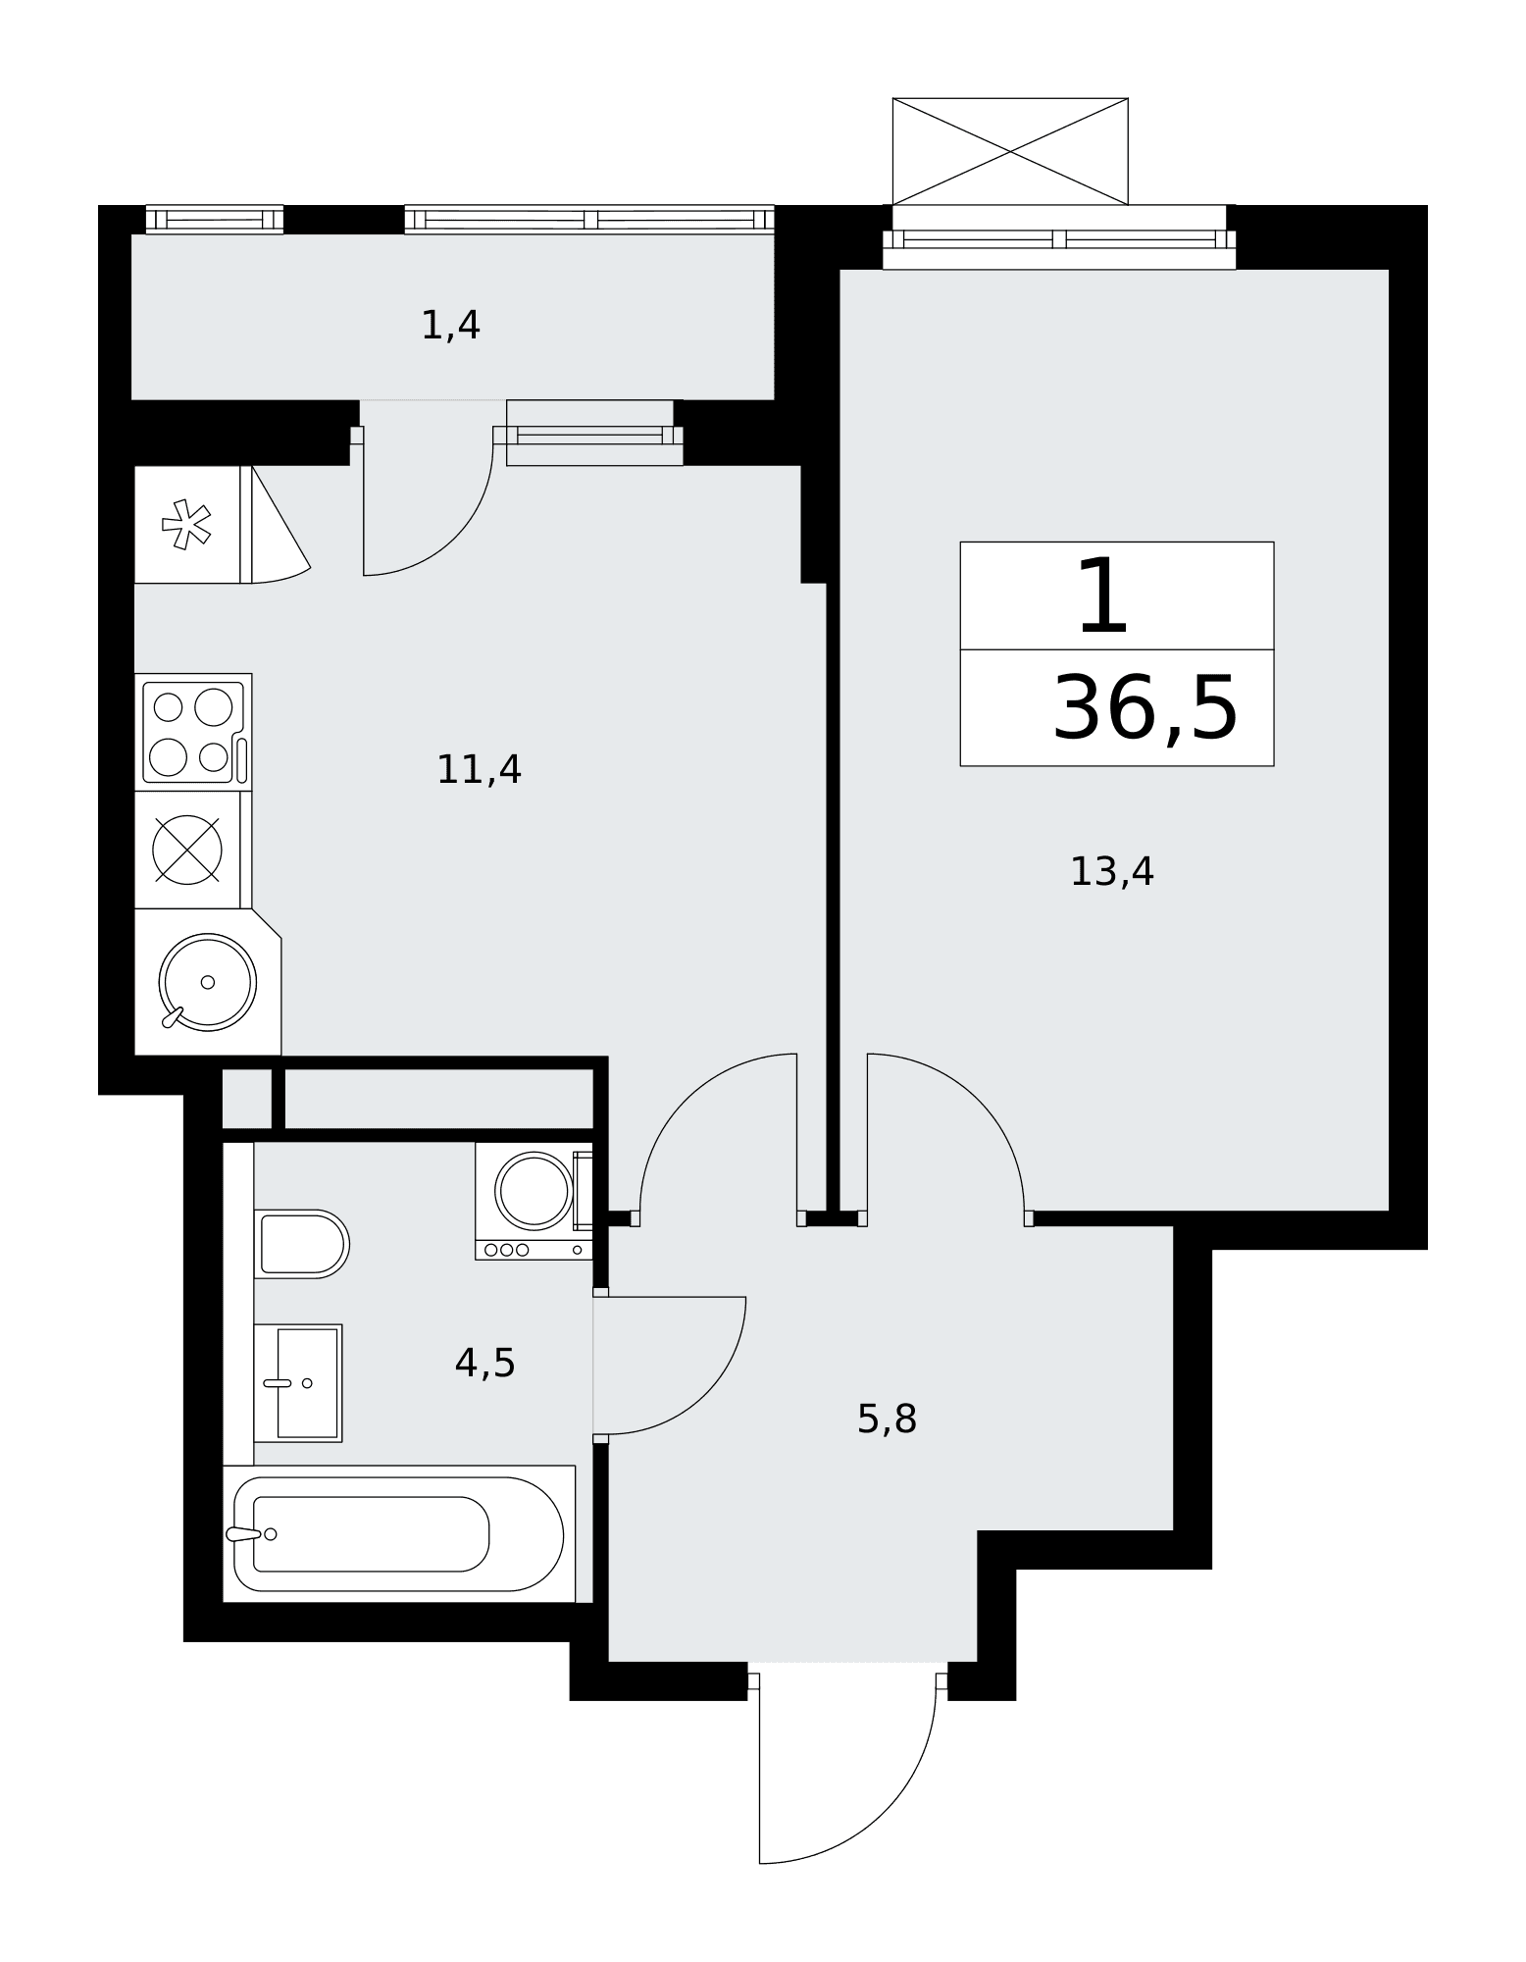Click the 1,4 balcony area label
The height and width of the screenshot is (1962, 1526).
(450, 326)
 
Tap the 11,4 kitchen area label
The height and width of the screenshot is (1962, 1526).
(479, 770)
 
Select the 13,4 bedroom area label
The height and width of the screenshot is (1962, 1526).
(1111, 872)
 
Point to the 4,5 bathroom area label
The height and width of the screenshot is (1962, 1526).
(484, 1363)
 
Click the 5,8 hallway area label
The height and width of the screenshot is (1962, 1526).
(887, 1420)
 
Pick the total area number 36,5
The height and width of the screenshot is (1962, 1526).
(1144, 708)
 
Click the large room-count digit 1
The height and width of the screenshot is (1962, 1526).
(1103, 595)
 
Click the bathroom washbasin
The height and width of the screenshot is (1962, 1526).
(298, 1383)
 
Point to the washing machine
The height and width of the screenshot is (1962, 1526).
(534, 1201)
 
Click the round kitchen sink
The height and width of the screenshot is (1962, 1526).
(208, 982)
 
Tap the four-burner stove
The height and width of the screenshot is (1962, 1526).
(193, 732)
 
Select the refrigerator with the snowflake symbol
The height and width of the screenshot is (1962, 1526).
(187, 525)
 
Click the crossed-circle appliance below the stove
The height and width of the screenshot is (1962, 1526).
(187, 850)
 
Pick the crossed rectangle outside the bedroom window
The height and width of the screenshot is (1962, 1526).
(1010, 152)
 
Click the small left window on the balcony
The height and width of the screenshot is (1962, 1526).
(215, 220)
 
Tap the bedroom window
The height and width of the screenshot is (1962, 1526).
(1059, 240)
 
